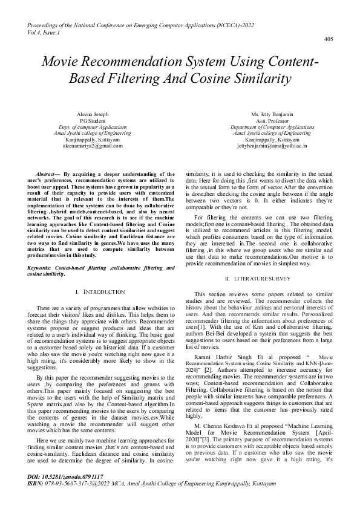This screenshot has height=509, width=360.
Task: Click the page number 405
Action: coord(329,39)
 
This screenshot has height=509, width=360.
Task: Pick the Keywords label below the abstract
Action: coord(41,267)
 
